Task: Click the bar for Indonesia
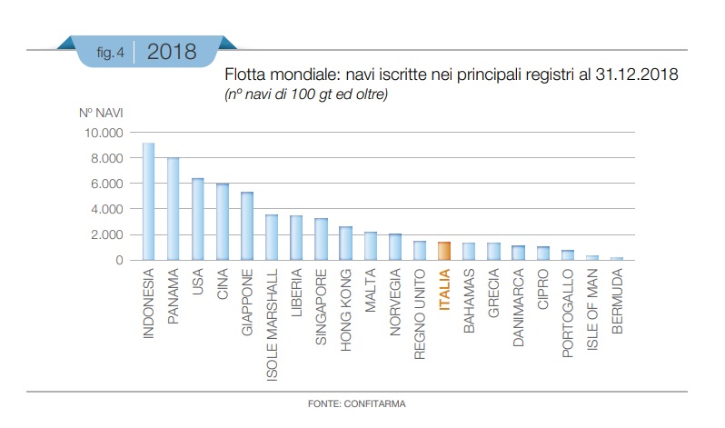tap(148, 202)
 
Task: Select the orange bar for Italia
tap(444, 251)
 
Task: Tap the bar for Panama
tap(173, 209)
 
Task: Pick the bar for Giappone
tap(246, 226)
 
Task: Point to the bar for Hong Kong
tap(345, 244)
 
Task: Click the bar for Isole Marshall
tap(272, 237)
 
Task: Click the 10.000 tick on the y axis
tap(104, 134)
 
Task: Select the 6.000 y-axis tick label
tap(107, 184)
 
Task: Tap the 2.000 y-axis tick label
tap(107, 234)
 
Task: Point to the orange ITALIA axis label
tap(444, 290)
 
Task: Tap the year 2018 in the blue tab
tap(172, 52)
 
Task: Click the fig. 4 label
tap(110, 53)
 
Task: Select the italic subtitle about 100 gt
tap(305, 94)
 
